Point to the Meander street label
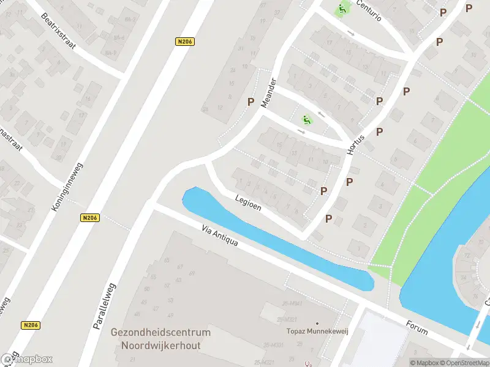[x=269, y=93]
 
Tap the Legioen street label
[x=248, y=203]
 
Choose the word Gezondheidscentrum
[x=160, y=333]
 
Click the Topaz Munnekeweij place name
[x=317, y=332]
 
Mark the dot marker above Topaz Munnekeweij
[x=317, y=323]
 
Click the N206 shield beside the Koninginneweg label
[x=89, y=217]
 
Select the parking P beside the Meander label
[x=251, y=102]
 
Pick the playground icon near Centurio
[x=341, y=9]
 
